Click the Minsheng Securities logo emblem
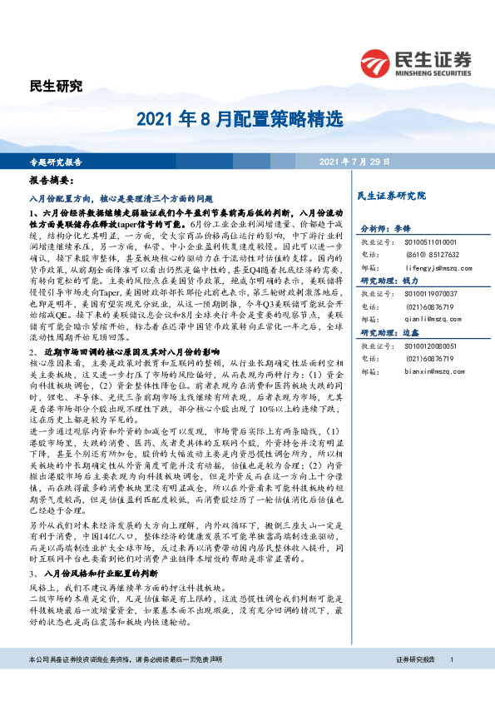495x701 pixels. [x=376, y=62]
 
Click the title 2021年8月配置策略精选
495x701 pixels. [x=248, y=118]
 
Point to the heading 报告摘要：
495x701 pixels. [x=52, y=180]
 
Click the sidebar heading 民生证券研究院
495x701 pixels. [x=391, y=196]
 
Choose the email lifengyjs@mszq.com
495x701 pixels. [x=438, y=268]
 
